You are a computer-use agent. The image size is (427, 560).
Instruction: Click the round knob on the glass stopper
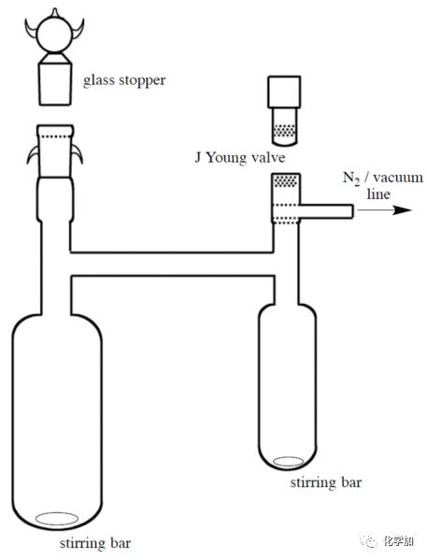point(54,35)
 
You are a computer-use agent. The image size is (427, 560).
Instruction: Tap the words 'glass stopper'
point(124,80)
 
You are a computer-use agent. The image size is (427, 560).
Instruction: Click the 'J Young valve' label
point(240,157)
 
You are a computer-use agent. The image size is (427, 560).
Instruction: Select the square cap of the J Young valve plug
point(284,92)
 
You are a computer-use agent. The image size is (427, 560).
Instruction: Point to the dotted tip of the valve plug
point(284,131)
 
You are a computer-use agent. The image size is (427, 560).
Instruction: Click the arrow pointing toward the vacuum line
point(385,210)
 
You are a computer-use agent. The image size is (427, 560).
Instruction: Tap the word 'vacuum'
point(398,178)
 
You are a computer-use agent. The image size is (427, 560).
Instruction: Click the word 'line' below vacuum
point(378,194)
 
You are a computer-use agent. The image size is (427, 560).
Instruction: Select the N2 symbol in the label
point(351,179)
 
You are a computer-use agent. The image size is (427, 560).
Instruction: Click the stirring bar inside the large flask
point(57,519)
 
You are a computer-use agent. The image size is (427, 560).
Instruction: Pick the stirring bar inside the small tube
point(288,462)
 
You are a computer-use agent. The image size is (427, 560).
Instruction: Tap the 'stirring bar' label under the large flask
point(95,543)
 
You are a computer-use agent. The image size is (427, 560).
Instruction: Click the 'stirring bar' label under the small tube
point(325,482)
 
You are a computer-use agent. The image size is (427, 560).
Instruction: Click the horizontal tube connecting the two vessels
point(172,264)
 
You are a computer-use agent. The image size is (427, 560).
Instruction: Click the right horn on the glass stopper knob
point(78,29)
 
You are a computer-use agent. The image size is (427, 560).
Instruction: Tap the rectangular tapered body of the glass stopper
point(54,84)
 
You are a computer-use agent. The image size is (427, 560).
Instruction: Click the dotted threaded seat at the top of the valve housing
point(286,180)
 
